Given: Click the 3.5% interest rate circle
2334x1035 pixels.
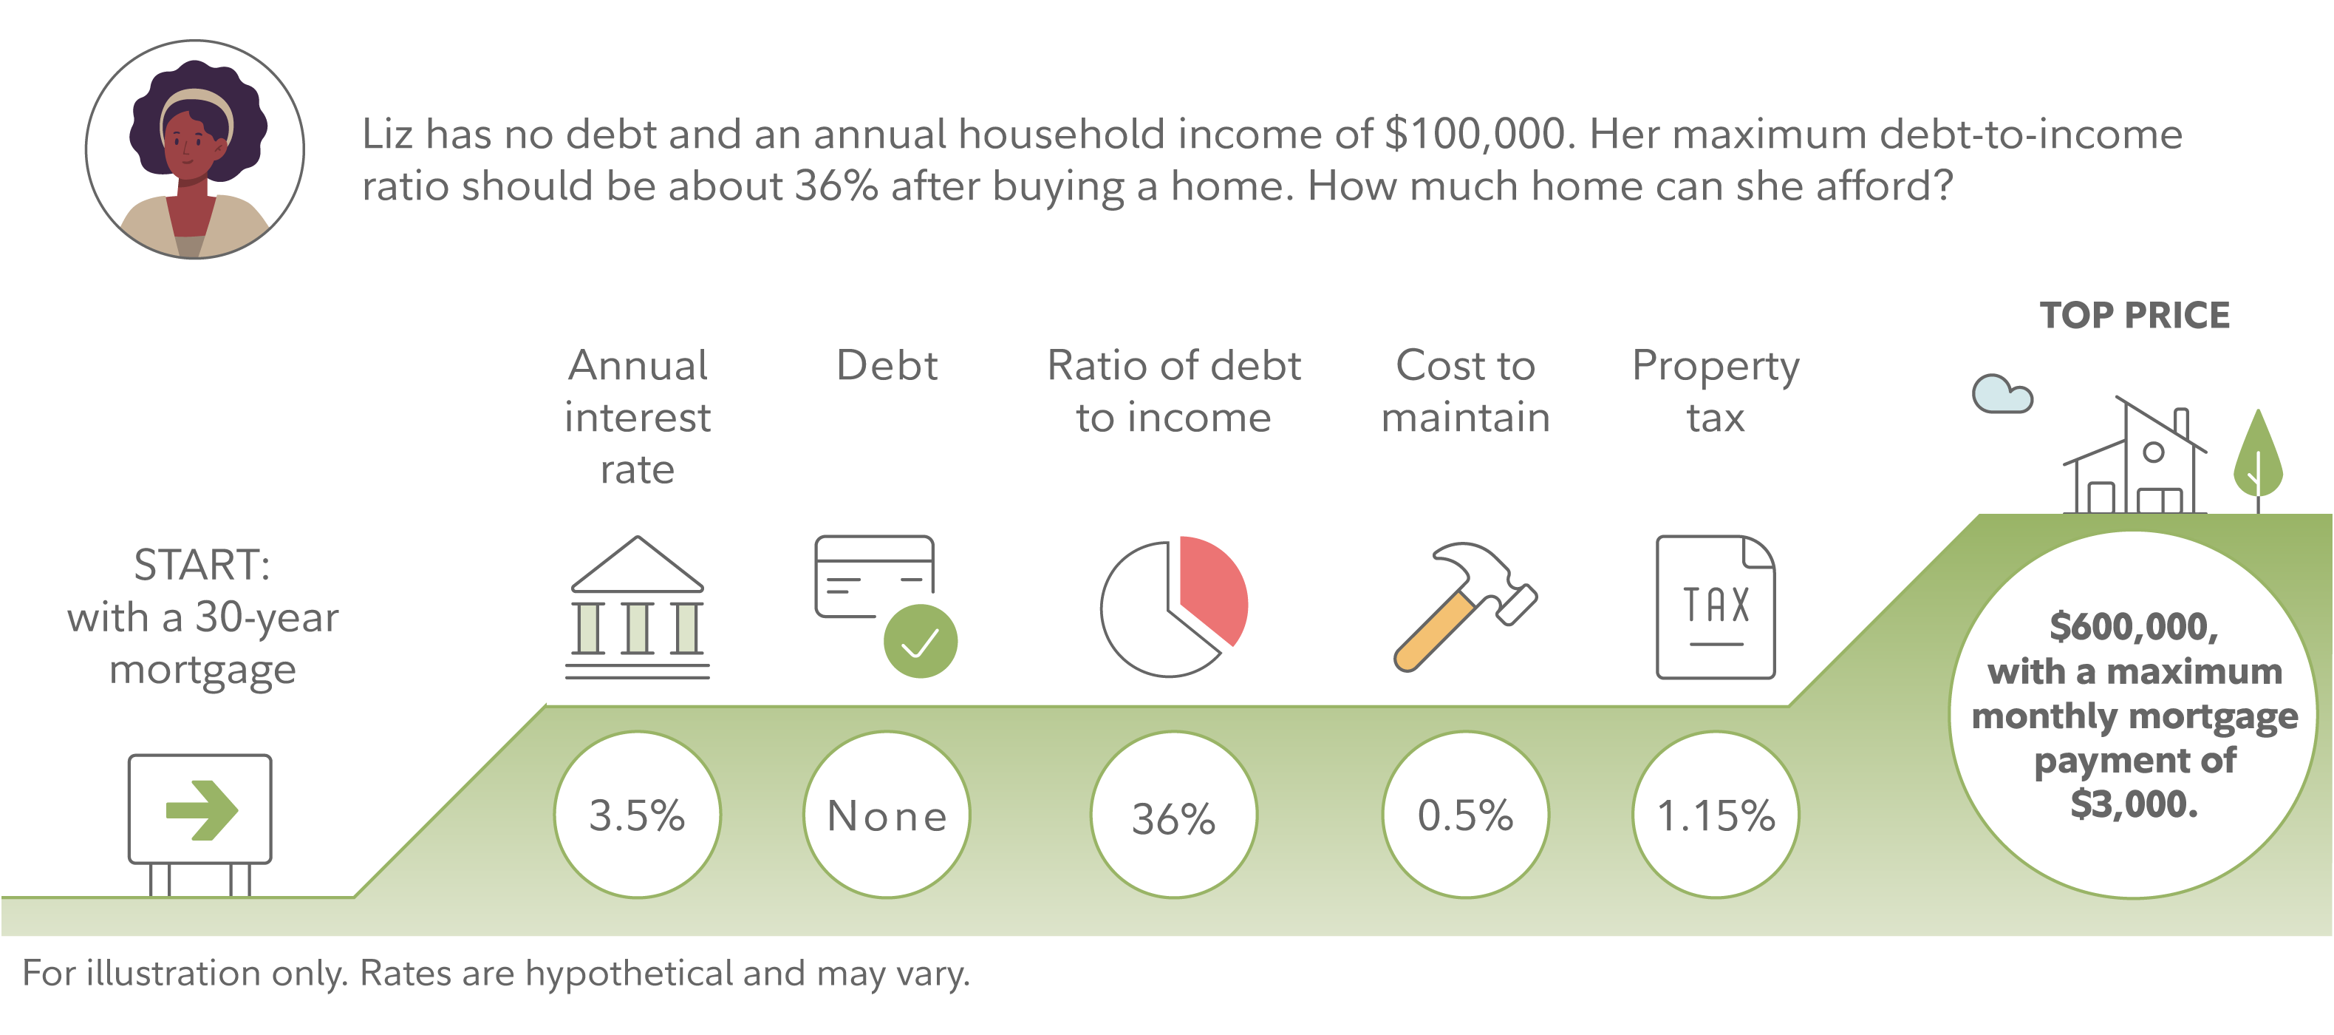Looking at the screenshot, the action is pos(637,815).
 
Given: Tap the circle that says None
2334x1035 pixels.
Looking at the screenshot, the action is pos(887,815).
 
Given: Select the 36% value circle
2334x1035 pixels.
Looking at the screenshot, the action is pos(1173,815).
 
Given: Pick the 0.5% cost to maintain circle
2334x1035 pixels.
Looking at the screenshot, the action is pos(1465,815).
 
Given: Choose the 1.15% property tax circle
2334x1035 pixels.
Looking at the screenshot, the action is pos(1715,815).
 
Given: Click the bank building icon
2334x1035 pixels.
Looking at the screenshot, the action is pos(637,607).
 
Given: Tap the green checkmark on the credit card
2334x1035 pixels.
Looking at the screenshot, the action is pos(921,642).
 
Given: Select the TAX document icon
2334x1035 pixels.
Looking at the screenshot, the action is pos(1715,606).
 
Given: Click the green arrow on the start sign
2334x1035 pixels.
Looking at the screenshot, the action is pos(202,810).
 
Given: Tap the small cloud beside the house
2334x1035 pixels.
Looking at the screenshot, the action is pos(2002,394).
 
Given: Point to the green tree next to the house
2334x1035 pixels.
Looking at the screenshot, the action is pos(2258,458).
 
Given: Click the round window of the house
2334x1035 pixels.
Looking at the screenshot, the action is pos(2154,452).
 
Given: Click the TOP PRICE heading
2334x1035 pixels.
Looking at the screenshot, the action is pos(2135,316).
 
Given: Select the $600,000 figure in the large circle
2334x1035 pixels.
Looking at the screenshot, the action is pos(2134,627).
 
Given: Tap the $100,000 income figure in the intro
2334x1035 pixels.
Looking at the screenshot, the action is pos(1474,134).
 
